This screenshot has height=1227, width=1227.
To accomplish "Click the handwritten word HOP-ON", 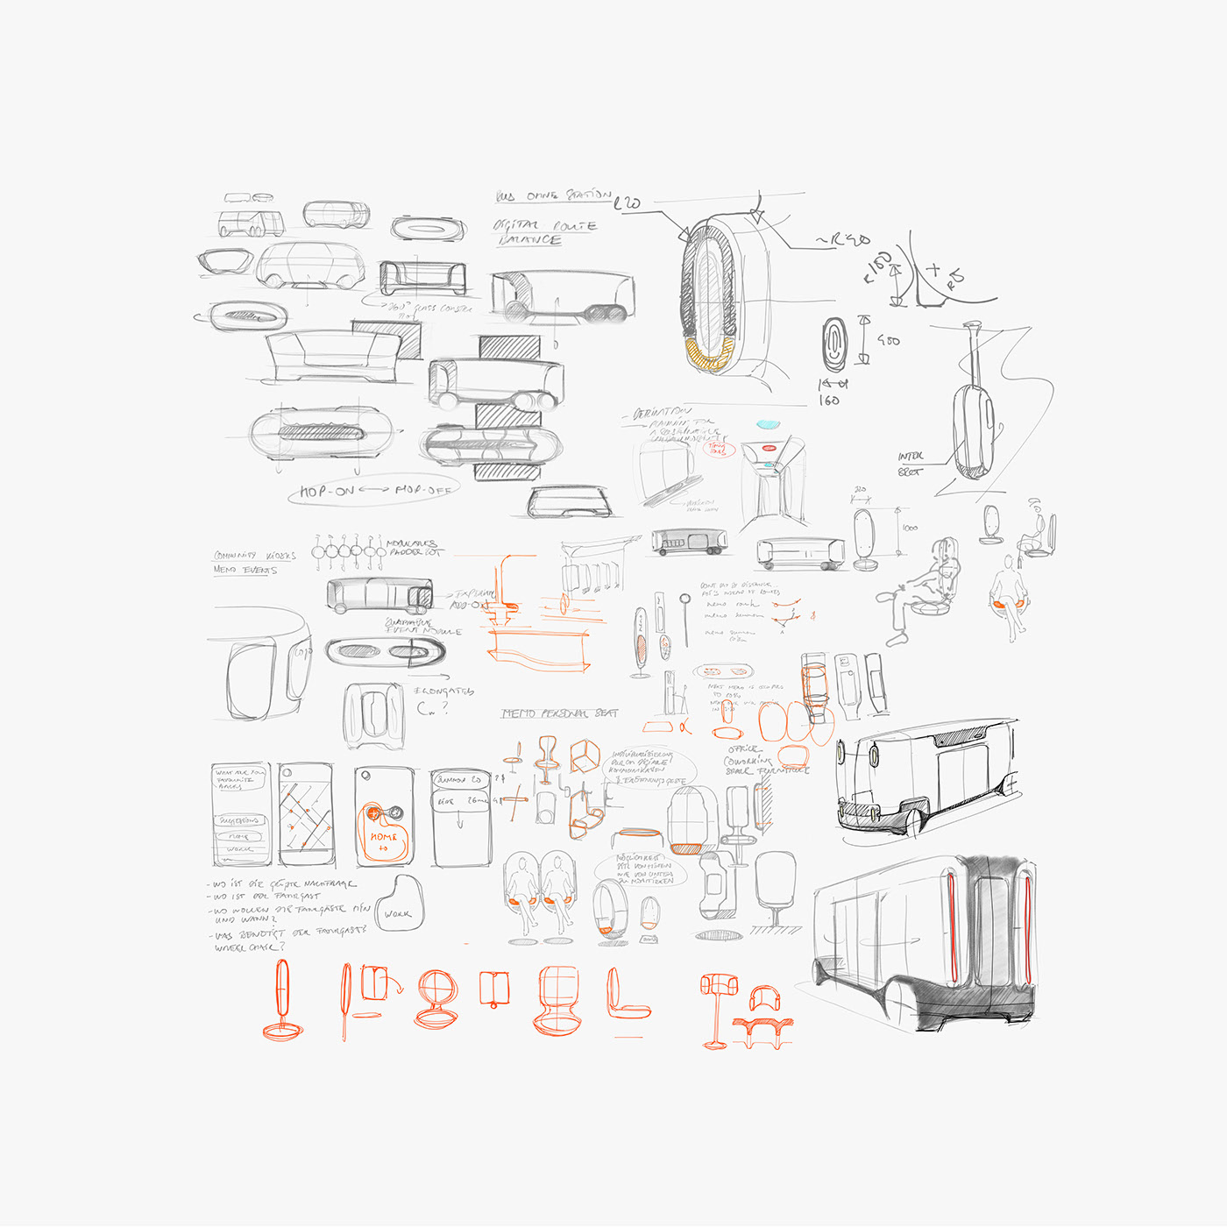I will click(327, 491).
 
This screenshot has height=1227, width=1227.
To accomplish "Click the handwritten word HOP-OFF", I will click(422, 490).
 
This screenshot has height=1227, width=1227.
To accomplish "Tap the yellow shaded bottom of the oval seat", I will click(708, 355).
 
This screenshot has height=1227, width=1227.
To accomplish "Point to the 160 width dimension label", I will click(829, 401).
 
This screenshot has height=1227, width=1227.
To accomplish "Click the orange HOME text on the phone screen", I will click(383, 837).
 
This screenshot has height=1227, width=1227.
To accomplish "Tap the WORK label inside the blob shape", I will click(397, 914).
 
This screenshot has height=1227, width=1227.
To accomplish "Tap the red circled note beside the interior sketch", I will click(718, 449).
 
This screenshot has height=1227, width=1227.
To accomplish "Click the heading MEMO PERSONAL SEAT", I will click(559, 713).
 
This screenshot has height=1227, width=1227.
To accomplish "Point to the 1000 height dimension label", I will click(910, 528).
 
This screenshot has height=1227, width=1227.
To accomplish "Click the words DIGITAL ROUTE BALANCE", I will click(543, 232).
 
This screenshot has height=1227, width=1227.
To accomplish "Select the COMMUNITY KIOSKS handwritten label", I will click(255, 556).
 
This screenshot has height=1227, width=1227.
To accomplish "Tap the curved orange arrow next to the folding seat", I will click(394, 986).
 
